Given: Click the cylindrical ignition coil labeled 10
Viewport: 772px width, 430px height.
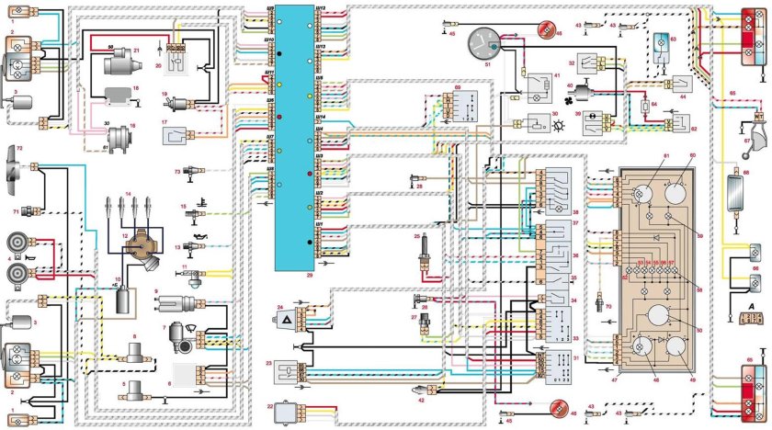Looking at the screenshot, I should [120, 304].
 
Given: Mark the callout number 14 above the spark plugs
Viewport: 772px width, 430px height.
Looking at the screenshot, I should [130, 193].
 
